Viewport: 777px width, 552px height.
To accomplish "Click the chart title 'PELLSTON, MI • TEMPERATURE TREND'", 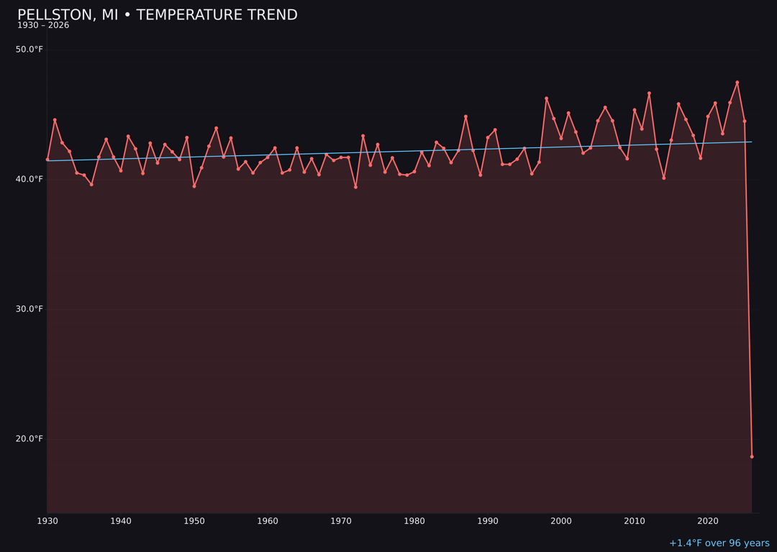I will coord(157,15).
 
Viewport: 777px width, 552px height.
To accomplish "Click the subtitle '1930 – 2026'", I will coord(43,26).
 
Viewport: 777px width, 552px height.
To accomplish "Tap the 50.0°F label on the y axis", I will coord(29,50).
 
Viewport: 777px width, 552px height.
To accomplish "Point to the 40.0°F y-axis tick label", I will coord(29,179).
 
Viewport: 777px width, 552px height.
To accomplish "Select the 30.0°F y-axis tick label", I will coord(29,309).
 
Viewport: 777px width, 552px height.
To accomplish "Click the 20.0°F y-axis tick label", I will coord(29,439).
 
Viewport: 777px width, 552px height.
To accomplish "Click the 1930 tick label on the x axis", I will coord(47,521).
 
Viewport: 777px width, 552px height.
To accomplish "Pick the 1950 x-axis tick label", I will coord(194,521).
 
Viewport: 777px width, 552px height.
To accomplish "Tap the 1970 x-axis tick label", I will coord(341,521).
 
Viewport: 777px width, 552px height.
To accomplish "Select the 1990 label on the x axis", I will coord(488,521).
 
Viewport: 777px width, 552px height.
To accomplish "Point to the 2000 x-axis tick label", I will coord(561,521).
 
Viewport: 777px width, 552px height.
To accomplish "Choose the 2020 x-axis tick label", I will coord(708,521).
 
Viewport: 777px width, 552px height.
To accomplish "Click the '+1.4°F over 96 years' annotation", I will coord(719,543).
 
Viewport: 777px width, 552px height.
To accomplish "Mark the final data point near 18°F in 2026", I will coord(752,456).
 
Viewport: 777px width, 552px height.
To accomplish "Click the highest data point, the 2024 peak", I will coord(737,82).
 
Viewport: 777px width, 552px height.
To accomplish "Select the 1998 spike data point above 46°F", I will coord(546,98).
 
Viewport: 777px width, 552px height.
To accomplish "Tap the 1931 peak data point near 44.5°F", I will coord(55,120).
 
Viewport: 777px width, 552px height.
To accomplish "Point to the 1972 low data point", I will coord(355,187).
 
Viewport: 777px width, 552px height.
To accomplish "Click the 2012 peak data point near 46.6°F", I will coord(649,93).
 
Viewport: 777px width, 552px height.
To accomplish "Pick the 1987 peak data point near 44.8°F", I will coord(465,116).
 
